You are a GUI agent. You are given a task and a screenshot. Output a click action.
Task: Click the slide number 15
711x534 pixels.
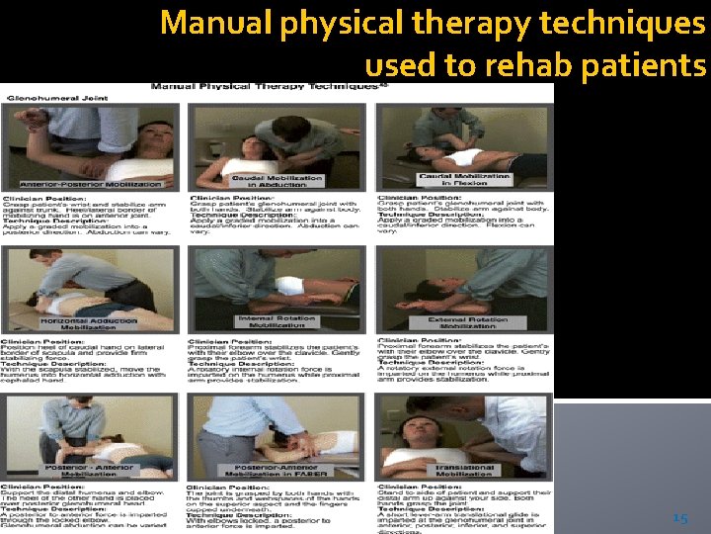(679, 518)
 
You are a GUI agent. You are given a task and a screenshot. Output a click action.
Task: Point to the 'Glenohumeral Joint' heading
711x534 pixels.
(45, 98)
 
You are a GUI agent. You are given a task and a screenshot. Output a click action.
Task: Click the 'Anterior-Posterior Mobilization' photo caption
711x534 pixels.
(91, 184)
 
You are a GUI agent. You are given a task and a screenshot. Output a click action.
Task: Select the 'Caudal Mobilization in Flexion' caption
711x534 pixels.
(464, 179)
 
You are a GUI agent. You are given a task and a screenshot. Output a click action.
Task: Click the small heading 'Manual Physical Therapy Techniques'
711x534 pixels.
(263, 87)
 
